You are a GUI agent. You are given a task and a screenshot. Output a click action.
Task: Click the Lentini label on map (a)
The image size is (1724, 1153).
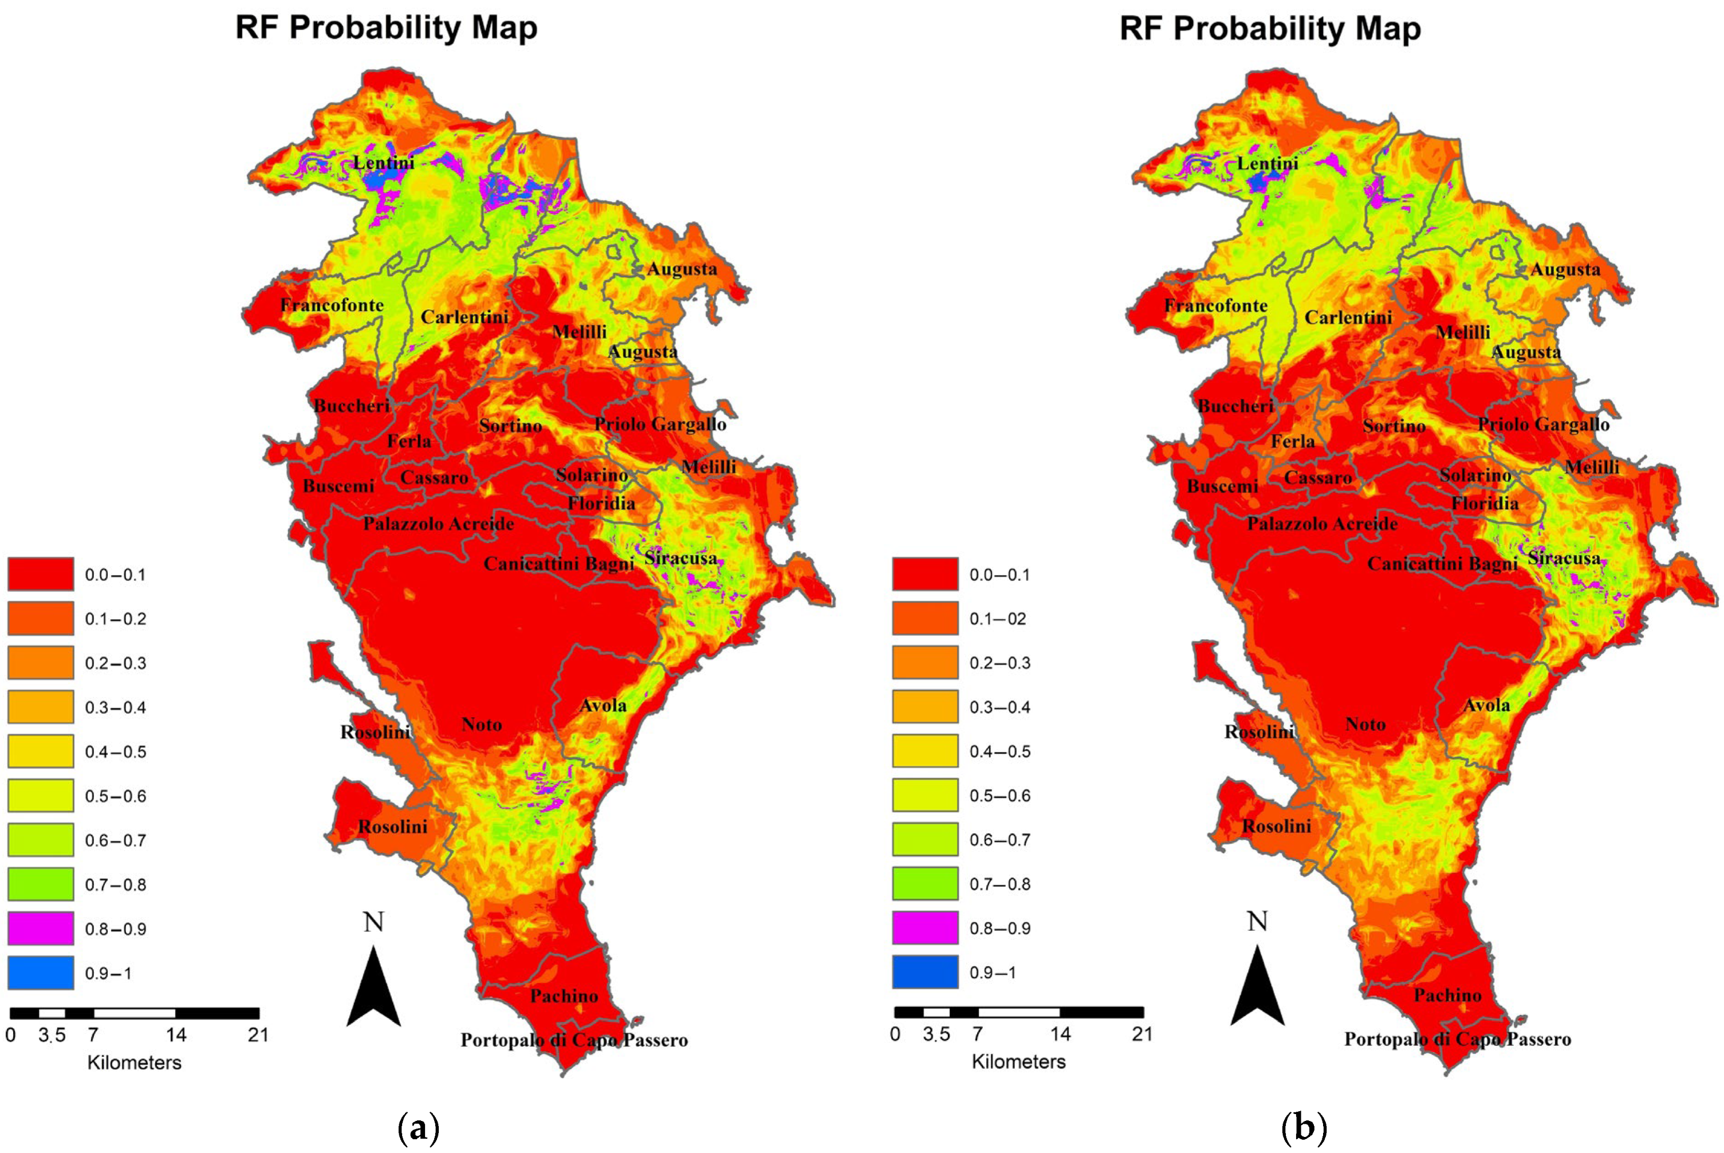(x=383, y=163)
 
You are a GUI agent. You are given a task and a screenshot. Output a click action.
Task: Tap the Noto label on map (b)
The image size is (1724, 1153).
(x=1365, y=725)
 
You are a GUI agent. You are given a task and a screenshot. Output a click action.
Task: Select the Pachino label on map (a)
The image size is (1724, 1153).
(x=564, y=995)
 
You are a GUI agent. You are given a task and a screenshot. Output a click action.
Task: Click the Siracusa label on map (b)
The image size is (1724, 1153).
(x=1564, y=558)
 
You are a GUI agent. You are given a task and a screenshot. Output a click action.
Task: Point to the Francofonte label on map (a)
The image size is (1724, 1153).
(x=332, y=305)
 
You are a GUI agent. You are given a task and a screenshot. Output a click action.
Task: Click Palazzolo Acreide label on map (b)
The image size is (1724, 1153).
(x=1322, y=524)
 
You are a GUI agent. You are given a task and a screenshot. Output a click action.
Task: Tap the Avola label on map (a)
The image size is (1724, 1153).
(x=603, y=706)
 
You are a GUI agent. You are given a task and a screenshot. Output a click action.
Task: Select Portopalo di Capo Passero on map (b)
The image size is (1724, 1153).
(x=1457, y=1039)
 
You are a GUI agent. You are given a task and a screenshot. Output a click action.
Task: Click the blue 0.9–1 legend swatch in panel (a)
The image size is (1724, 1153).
(x=41, y=972)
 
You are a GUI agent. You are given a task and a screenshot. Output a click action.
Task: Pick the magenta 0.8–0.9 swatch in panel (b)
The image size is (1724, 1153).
(x=925, y=927)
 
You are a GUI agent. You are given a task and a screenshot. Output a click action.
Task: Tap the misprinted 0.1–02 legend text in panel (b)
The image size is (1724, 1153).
(x=998, y=619)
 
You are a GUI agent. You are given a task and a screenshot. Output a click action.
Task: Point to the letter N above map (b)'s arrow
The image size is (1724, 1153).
(x=1257, y=922)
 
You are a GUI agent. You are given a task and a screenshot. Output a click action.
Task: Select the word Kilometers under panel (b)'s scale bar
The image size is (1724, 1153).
(x=1018, y=1062)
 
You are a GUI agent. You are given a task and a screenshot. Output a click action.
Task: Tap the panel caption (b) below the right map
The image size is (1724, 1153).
(x=1304, y=1127)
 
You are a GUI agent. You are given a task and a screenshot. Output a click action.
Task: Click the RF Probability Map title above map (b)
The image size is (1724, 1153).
(x=1270, y=28)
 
